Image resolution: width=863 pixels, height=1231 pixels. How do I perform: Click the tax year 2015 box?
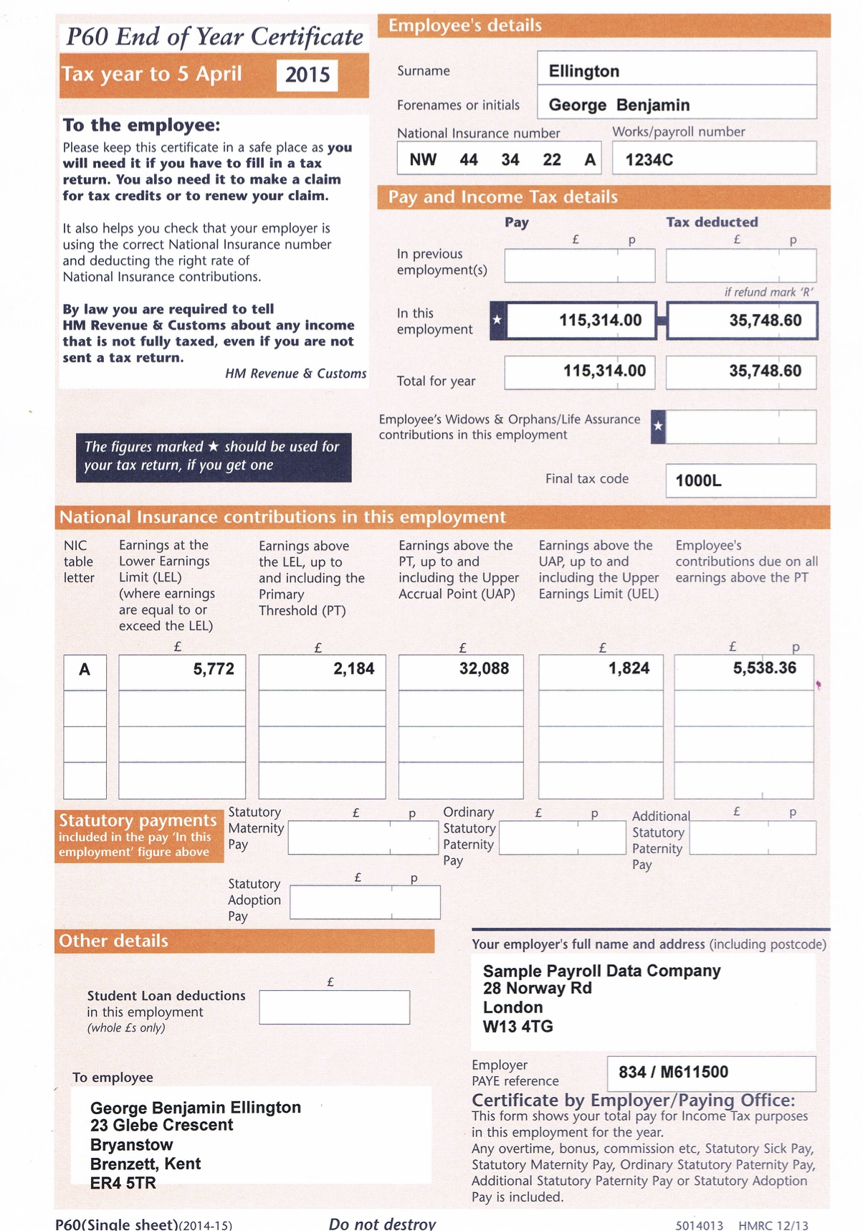307,75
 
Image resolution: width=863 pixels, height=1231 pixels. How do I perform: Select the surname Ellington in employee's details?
583,71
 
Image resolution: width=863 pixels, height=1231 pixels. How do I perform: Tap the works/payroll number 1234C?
649,160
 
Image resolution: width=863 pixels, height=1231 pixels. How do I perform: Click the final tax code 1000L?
698,480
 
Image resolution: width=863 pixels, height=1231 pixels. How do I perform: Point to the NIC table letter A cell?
85,670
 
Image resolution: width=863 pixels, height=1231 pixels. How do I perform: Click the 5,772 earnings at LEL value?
213,669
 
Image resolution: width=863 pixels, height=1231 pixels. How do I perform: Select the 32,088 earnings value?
484,668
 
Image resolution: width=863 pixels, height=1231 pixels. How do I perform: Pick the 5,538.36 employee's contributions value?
764,668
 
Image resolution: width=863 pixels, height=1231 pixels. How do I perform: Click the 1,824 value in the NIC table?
629,668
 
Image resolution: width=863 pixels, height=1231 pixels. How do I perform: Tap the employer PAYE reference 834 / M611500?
673,1072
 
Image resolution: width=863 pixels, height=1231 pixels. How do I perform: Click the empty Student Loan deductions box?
334,1007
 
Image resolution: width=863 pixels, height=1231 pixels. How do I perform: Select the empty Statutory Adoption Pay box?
365,903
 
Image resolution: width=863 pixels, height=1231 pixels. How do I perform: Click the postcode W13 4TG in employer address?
518,1026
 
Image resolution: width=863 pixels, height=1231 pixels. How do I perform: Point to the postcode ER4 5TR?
123,1183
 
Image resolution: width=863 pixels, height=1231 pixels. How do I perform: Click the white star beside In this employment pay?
497,320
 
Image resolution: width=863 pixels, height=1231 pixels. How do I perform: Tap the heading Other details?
113,941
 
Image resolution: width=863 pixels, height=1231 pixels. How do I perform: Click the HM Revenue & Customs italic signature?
295,374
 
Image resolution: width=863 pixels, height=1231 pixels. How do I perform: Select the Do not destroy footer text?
382,1223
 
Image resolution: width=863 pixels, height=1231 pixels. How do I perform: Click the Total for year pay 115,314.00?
604,371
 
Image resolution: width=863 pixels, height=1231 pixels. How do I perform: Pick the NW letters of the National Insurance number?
423,160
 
